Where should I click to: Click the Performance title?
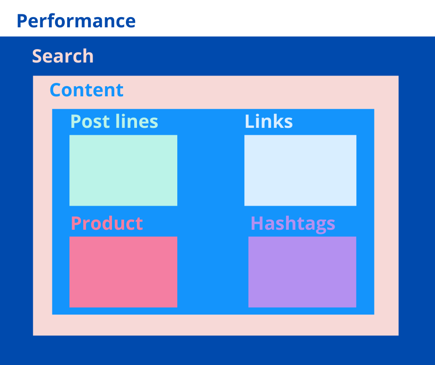tap(76, 21)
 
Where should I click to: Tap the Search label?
tap(63, 56)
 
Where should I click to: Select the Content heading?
tap(87, 90)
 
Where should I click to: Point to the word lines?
tap(137, 121)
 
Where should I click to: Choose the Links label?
tap(268, 121)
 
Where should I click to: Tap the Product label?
tap(107, 223)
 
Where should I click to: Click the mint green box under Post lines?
tap(123, 170)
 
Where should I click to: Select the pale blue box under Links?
tap(300, 170)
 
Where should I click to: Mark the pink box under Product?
tap(123, 272)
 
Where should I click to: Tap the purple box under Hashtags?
tap(302, 272)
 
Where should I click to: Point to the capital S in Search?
tap(37, 57)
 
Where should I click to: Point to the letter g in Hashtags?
tap(318, 227)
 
